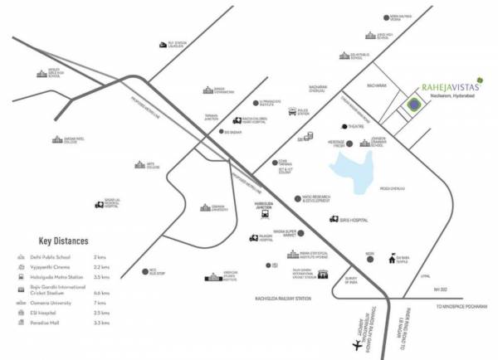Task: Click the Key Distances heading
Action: (x=63, y=241)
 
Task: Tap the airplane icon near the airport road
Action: (x=358, y=343)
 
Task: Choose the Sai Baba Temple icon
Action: (x=384, y=258)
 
